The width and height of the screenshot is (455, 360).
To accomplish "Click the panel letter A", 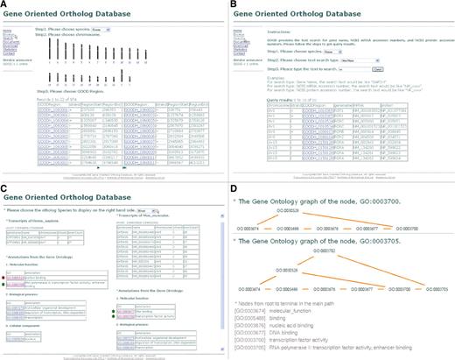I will [5, 5].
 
